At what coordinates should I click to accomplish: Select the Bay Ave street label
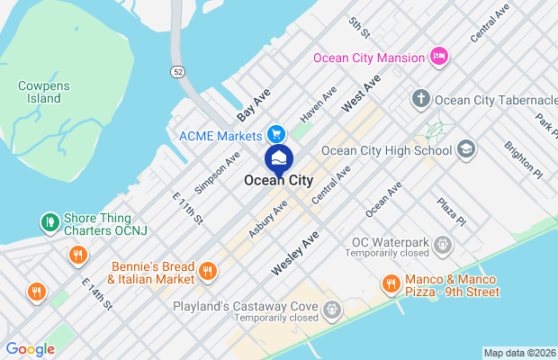[x=254, y=105]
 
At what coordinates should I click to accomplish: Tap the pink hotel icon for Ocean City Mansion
[x=439, y=58]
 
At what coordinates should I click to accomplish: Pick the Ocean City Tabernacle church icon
[x=420, y=98]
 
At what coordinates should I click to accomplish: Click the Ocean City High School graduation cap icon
[x=466, y=148]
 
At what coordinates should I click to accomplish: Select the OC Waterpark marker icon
[x=443, y=244]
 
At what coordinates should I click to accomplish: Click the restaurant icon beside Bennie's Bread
[x=208, y=271]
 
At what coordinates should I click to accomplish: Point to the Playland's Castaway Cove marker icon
[x=332, y=310]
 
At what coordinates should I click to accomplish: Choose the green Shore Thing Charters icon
[x=50, y=221]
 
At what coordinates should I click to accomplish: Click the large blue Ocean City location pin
[x=279, y=160]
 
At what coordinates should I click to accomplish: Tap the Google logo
[x=30, y=348]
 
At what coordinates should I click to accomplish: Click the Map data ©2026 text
[x=519, y=352]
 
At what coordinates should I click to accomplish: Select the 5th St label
[x=360, y=30]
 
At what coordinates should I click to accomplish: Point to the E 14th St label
[x=96, y=294]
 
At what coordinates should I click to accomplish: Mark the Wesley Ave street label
[x=295, y=255]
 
